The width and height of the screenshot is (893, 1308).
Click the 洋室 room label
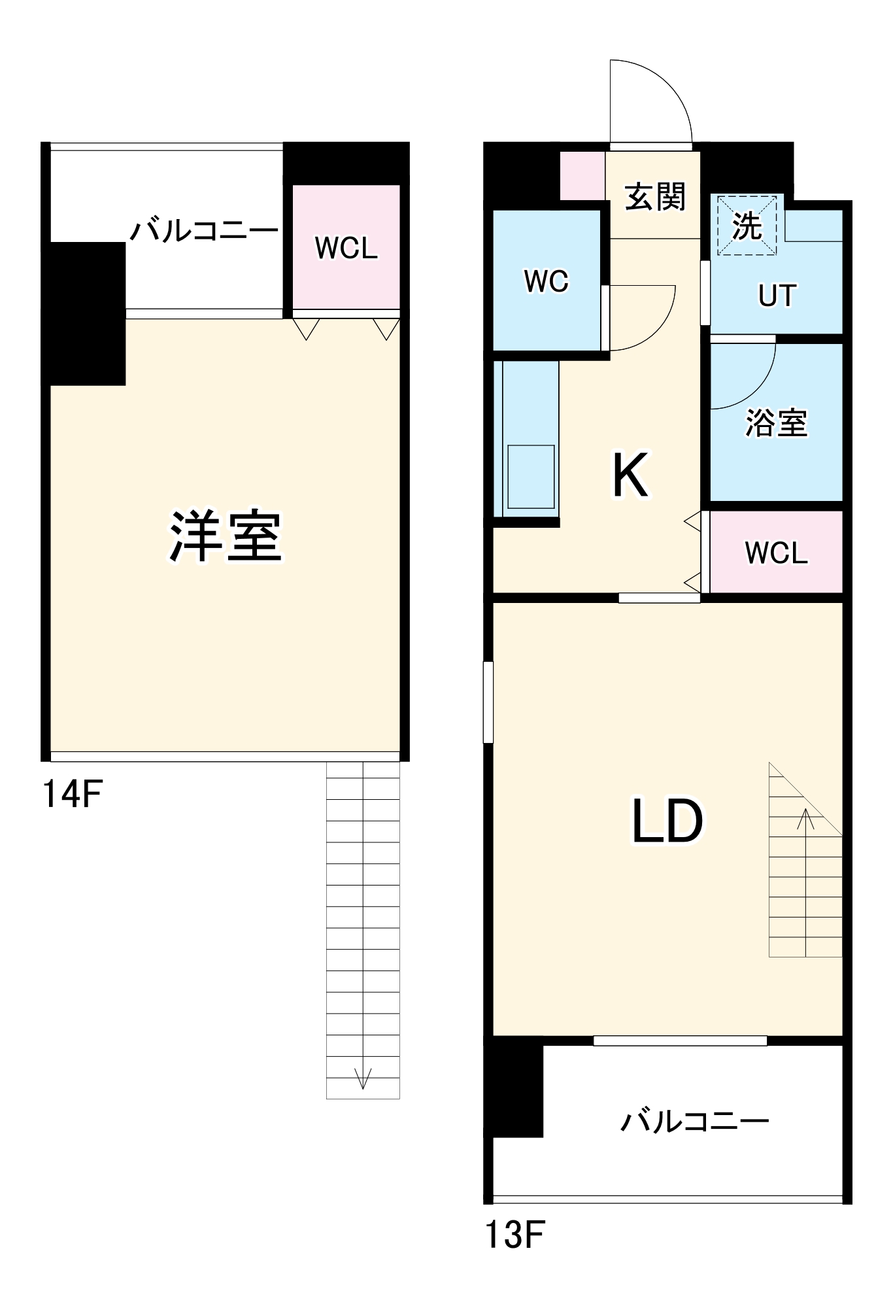tap(226, 536)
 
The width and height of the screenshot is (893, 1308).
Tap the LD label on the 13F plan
tap(667, 820)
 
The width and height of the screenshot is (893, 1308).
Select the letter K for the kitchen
tap(630, 475)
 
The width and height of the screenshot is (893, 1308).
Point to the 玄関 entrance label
tap(654, 196)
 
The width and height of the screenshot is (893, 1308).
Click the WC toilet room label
tap(547, 281)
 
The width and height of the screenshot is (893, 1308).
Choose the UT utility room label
tap(777, 296)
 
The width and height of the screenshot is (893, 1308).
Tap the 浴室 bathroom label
tap(777, 422)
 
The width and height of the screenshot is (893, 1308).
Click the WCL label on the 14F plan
tap(346, 248)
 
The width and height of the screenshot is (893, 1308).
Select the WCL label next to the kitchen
tap(776, 553)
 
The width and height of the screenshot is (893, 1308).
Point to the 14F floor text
tap(72, 794)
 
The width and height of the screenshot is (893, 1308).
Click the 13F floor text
tap(514, 1235)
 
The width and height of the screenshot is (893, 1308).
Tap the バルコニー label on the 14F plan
tap(204, 230)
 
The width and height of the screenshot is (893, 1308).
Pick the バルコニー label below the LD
tap(694, 1122)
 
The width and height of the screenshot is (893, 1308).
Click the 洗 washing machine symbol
tap(747, 226)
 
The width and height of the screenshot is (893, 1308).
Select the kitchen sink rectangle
tap(531, 477)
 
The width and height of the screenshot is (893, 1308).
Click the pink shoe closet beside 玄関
tap(582, 176)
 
